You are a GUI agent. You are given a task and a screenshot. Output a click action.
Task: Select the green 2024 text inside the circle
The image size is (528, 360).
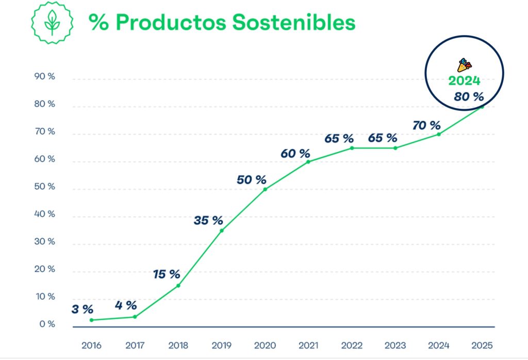click(464, 81)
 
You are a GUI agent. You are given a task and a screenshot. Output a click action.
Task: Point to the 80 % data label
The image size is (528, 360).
click(469, 96)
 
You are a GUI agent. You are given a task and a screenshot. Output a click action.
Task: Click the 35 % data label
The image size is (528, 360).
click(208, 221)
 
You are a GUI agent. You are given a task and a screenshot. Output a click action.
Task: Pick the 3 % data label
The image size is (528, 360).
click(82, 309)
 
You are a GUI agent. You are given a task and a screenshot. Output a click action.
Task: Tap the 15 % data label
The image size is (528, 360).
click(167, 274)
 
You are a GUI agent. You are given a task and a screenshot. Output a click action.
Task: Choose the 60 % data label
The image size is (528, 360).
click(295, 153)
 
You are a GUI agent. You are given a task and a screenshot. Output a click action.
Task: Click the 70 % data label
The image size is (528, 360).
click(426, 125)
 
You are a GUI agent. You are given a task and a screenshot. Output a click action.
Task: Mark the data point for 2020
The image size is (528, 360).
click(265, 189)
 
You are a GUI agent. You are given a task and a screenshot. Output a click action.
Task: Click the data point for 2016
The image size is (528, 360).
click(91, 320)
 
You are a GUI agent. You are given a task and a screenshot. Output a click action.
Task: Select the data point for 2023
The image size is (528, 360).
click(395, 148)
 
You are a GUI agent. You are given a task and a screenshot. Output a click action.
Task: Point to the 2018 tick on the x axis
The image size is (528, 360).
click(178, 345)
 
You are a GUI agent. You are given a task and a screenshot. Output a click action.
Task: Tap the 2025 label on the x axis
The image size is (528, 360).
click(482, 345)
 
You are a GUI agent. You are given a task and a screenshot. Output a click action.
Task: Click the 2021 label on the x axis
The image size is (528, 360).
click(308, 345)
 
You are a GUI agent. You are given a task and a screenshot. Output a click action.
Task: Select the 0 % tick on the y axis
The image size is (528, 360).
click(47, 324)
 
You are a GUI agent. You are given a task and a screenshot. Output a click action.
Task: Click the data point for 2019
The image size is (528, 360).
click(222, 231)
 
